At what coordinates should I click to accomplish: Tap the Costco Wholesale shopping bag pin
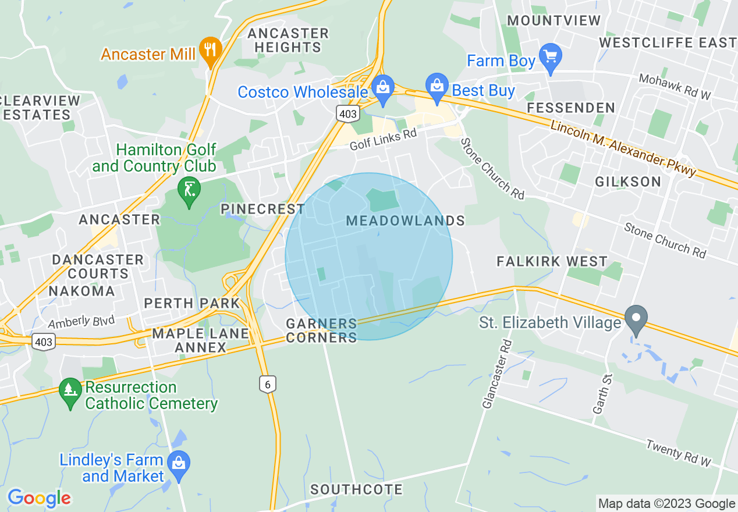point(382,88)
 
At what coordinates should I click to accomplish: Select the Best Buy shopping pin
point(436,86)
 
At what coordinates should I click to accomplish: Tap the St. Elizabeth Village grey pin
point(636,318)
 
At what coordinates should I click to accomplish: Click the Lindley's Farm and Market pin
point(178,463)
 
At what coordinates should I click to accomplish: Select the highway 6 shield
point(267,384)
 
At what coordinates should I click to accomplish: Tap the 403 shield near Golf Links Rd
point(347,113)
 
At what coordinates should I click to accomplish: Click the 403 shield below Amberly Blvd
point(44,342)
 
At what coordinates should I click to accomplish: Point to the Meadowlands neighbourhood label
point(405,221)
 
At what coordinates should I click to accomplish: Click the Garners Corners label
point(321,330)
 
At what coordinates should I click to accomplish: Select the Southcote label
point(356,489)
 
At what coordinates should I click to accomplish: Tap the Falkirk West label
point(552,261)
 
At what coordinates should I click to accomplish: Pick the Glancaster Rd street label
point(496,373)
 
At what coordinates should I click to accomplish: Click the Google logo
point(38,498)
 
